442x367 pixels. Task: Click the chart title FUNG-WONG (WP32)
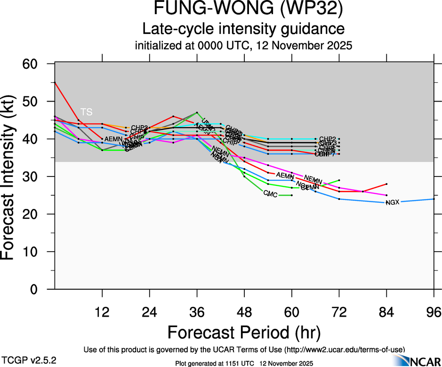point(243,10)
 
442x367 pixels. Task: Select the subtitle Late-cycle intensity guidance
point(243,29)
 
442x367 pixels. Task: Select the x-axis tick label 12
point(102,312)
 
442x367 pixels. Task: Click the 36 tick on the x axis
point(197,312)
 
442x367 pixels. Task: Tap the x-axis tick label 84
point(386,312)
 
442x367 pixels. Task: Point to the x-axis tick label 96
point(434,312)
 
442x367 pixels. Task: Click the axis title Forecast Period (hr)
point(243,332)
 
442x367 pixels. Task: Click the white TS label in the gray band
point(86,112)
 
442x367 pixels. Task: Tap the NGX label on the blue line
point(392,203)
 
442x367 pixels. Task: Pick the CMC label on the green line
point(270,194)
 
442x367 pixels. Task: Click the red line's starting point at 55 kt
point(55,82)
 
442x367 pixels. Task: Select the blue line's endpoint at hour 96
point(434,199)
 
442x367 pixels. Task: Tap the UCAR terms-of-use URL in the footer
point(343,350)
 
